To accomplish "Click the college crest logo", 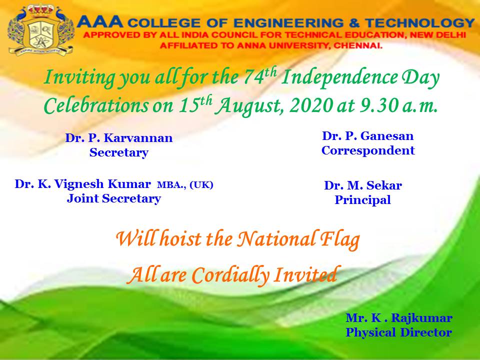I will [x=41, y=29].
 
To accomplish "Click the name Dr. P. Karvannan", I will [x=119, y=138].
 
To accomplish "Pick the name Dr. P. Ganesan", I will [x=367, y=136].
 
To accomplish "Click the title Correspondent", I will [x=367, y=150].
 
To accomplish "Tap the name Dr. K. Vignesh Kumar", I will [x=82, y=184].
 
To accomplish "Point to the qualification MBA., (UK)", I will [x=185, y=184].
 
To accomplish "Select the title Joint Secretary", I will [x=114, y=199].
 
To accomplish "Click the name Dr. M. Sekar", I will [x=363, y=186].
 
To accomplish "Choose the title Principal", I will [x=362, y=200].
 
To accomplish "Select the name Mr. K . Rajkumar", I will [x=399, y=318].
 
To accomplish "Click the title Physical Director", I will [x=399, y=332].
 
